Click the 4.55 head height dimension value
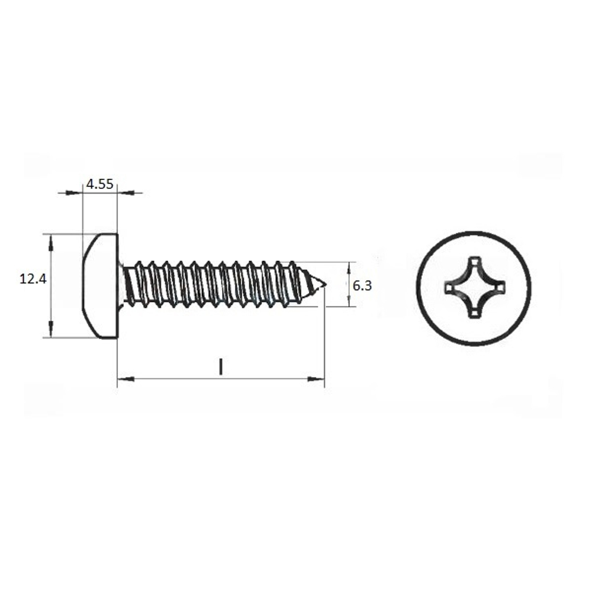[99, 184]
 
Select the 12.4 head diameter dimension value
[33, 279]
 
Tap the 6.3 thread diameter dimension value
[362, 286]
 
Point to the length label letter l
[221, 367]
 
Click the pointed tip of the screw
[326, 284]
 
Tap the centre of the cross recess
[474, 288]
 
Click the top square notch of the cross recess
[475, 261]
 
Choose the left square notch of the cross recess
[449, 288]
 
